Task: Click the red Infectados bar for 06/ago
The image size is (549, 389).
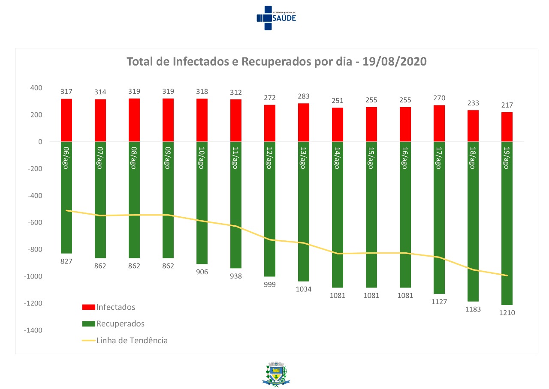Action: [66, 120]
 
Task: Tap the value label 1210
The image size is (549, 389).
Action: [507, 313]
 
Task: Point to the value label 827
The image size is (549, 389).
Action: [66, 261]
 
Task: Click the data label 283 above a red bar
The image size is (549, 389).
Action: [304, 96]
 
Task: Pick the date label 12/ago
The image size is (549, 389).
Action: [269, 158]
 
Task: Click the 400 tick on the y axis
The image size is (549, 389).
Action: [36, 88]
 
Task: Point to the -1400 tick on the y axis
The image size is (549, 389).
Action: [33, 330]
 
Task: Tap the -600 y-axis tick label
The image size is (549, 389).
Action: [35, 223]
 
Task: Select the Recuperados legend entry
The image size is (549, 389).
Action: [121, 323]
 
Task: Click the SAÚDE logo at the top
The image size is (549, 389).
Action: [276, 18]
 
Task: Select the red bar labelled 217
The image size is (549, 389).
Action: [507, 127]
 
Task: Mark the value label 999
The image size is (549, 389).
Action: [270, 284]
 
